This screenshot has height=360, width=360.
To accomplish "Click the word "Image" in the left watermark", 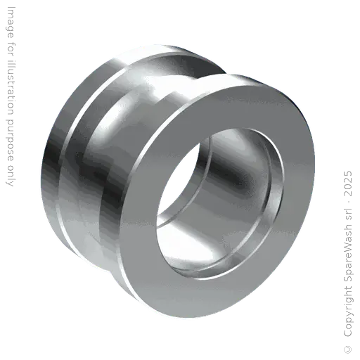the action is click(11, 22).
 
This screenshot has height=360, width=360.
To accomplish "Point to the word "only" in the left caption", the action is click(10, 176).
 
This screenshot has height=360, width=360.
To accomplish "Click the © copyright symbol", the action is click(348, 349).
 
